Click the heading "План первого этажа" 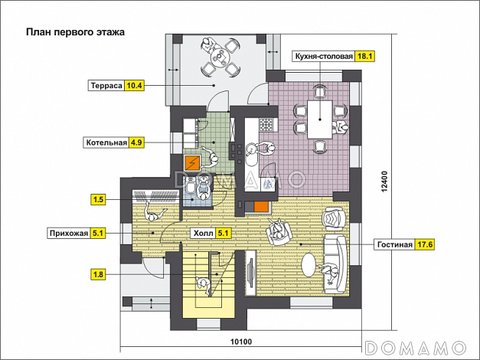point(75,32)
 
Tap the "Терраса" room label point(106,86)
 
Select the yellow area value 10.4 point(134,86)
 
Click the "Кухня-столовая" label point(324,57)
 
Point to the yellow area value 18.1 point(365,57)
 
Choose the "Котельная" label point(106,142)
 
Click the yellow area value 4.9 point(136,142)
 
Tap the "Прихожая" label point(69,233)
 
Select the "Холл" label point(203,234)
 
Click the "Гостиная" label point(394,245)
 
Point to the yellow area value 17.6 point(425,245)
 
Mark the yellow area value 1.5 point(98,200)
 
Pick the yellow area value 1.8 point(98,274)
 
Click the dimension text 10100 point(241,342)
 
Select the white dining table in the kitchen point(320,119)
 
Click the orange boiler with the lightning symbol point(192,163)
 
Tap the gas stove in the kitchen point(265,125)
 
